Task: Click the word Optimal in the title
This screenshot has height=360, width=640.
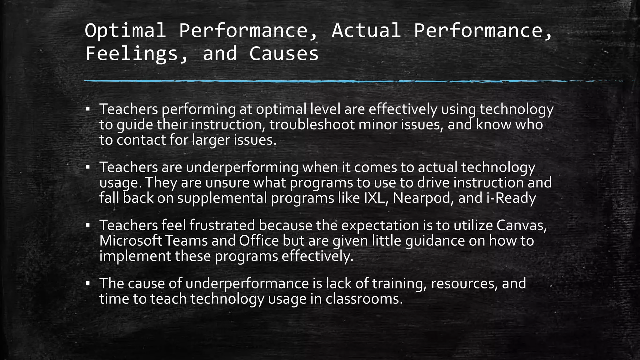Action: tap(125, 31)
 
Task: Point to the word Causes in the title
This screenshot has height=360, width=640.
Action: tap(284, 53)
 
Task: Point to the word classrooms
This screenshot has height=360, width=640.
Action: tap(364, 299)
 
